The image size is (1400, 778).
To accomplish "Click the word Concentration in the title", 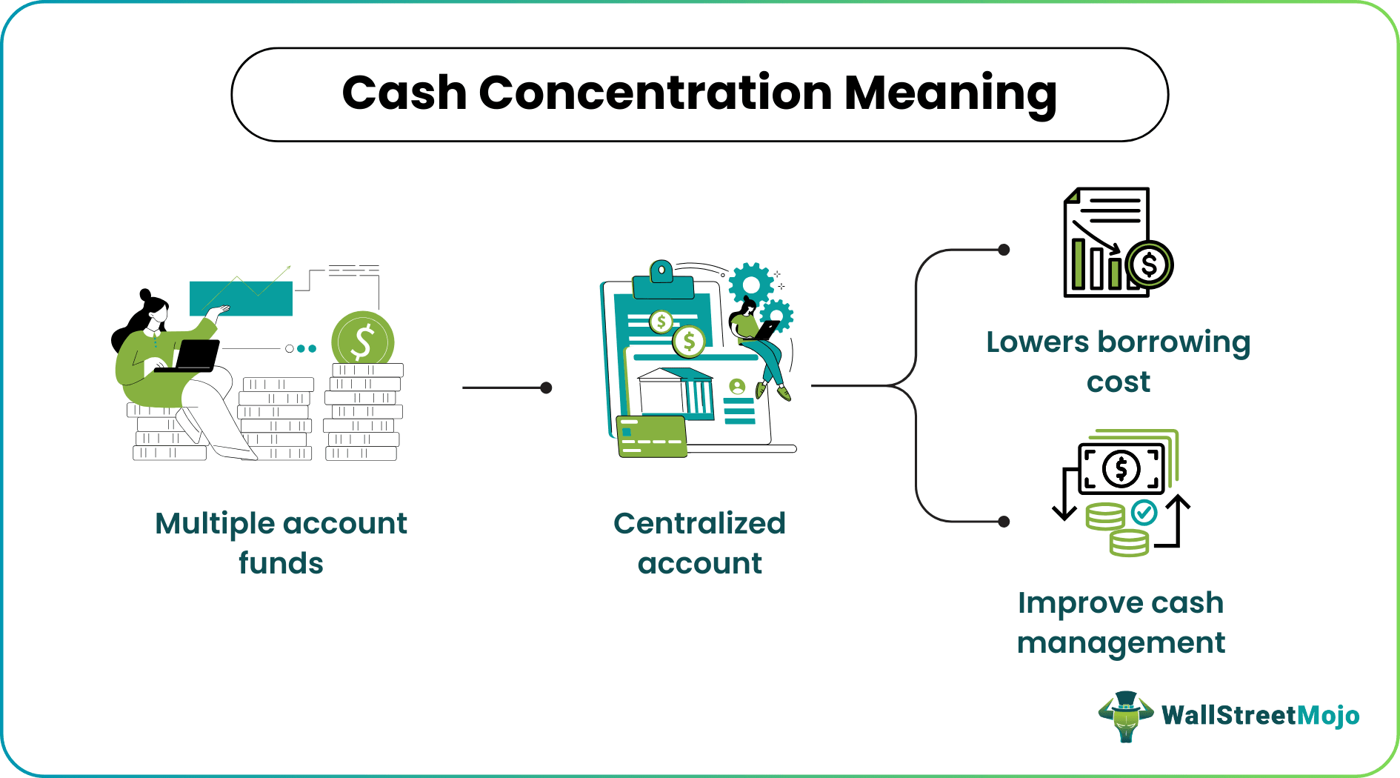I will click(x=656, y=93).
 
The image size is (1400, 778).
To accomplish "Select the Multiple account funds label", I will click(x=281, y=543).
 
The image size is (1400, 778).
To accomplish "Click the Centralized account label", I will click(x=699, y=543).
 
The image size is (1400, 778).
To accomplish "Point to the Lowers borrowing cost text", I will click(x=1118, y=362).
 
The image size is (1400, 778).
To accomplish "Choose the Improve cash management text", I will click(x=1120, y=622).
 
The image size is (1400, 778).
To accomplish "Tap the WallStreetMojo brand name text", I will click(x=1260, y=715).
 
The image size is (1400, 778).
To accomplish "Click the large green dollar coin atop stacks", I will click(x=363, y=342).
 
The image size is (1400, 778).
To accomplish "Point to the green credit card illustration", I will click(x=651, y=436).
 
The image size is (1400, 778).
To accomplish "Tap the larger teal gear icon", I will click(x=750, y=285).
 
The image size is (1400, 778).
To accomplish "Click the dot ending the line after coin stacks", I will click(x=546, y=388).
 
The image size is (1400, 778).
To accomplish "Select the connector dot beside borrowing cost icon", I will click(x=1004, y=250).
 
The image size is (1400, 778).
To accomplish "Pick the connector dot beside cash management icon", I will click(x=1004, y=522).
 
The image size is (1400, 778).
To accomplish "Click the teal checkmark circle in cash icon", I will click(x=1144, y=511).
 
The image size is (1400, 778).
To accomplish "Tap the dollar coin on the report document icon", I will click(x=1149, y=265).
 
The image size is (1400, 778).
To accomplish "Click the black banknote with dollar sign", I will click(x=1121, y=468).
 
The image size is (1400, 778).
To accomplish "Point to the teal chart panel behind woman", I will click(x=241, y=298).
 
